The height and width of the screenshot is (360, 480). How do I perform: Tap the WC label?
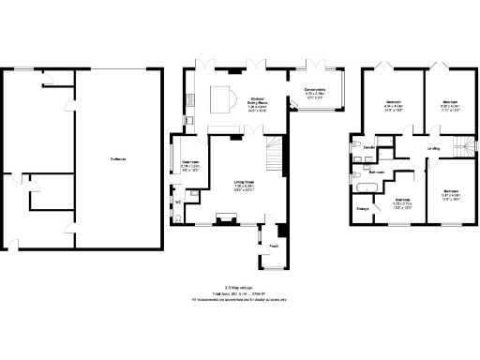pos(178,201)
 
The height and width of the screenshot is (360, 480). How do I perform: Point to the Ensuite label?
pos(369,148)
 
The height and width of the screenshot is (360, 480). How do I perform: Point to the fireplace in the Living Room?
pos(225,219)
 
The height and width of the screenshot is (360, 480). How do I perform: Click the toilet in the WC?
pos(179,217)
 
